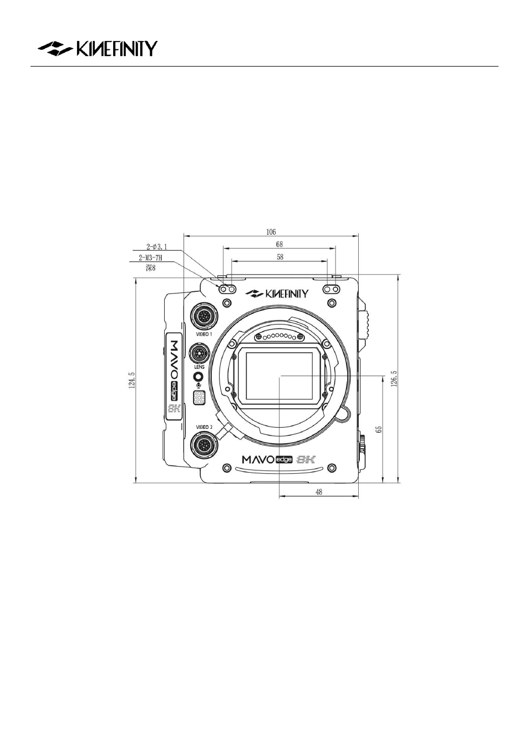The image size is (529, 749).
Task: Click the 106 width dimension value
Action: tap(271, 232)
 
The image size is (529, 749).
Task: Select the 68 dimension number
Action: tap(279, 245)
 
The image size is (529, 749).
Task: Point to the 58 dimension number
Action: tap(280, 257)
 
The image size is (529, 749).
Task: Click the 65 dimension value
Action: tap(379, 429)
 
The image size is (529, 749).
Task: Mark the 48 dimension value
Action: tap(319, 492)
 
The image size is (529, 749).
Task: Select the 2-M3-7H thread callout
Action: tap(150, 258)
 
